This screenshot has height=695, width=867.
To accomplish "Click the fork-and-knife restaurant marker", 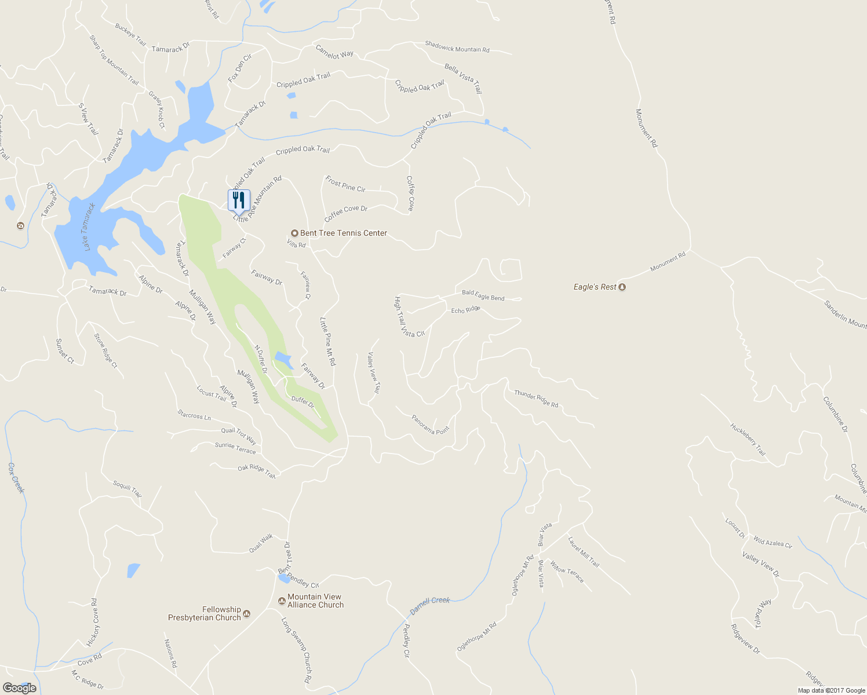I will coord(239,200).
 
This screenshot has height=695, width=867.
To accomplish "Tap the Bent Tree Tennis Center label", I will coord(343,233).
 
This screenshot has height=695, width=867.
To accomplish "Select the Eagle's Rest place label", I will coord(595,287).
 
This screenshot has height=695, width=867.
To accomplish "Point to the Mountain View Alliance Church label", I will coord(315,601).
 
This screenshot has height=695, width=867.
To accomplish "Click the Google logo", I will coord(19,688).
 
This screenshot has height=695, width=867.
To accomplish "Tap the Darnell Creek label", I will coord(429,605).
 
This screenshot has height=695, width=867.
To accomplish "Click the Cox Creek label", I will coord(17,478).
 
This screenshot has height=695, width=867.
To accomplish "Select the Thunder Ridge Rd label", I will coord(536,398).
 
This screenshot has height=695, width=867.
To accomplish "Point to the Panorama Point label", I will coord(430,425).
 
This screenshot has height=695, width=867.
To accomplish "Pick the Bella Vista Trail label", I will coord(463,79).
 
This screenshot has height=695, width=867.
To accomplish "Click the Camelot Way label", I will coord(334,52).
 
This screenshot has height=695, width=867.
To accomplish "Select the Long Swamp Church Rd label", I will coord(296,650).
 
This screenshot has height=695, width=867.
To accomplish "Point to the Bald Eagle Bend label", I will coord(483,295).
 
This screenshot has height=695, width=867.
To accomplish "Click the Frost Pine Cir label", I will coord(345,184).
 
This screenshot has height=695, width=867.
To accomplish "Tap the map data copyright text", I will coord(831,690).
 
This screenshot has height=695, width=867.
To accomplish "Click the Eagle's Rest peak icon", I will coord(622,287).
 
